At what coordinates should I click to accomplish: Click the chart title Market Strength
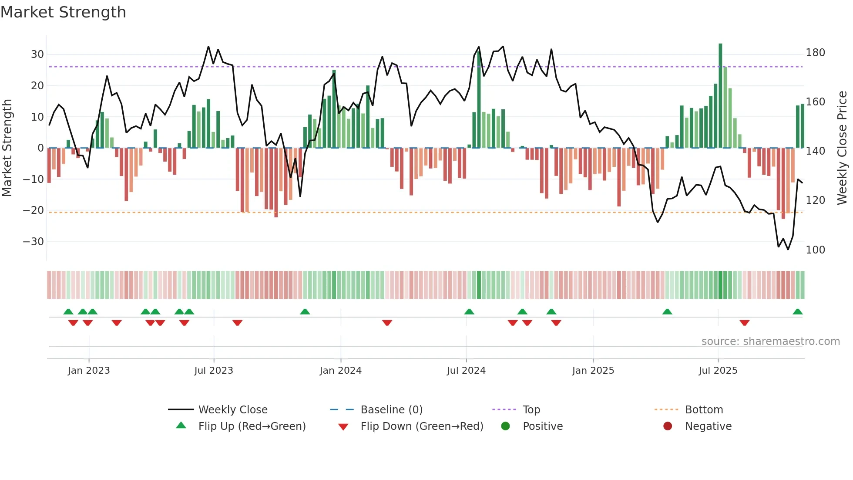click(x=63, y=12)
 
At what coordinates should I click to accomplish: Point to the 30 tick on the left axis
click(x=37, y=54)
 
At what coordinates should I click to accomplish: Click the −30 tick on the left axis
click(x=34, y=242)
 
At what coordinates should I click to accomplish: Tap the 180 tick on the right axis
click(x=815, y=53)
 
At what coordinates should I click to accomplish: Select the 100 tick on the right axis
click(x=815, y=250)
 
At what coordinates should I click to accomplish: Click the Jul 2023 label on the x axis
click(x=214, y=371)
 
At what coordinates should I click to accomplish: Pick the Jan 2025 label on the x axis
click(x=593, y=371)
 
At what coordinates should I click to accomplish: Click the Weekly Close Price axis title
click(x=842, y=148)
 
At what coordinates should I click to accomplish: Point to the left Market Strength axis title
click(x=7, y=148)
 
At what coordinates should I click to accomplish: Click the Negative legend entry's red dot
click(x=668, y=426)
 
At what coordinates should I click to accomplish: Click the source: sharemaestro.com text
click(x=770, y=341)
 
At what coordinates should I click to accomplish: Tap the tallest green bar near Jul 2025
click(x=720, y=96)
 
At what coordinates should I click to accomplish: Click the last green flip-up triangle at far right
click(x=797, y=312)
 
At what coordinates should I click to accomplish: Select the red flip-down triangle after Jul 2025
click(x=744, y=323)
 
